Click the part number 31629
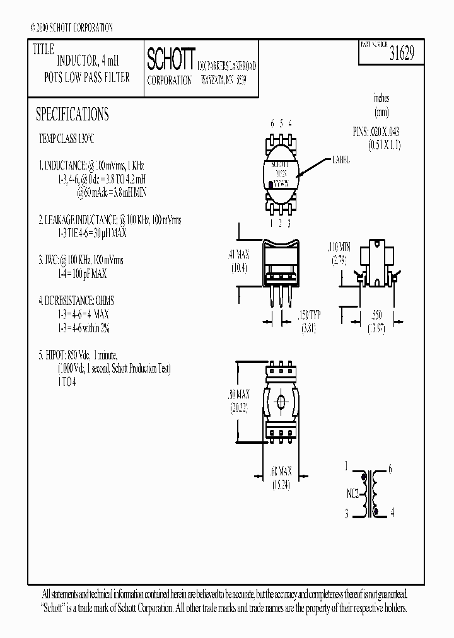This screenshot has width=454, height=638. coord(402,55)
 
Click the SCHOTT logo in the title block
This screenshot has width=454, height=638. coord(171,59)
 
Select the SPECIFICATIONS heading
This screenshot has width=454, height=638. coord(72,114)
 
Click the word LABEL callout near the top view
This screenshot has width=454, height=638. coord(341,161)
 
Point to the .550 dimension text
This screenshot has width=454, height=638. coord(376,315)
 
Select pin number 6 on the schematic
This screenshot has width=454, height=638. coord(390,468)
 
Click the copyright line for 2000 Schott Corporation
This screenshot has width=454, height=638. coord(71,28)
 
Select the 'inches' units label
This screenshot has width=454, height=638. coord(381,98)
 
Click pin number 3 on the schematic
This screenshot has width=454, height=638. coord(346,514)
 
